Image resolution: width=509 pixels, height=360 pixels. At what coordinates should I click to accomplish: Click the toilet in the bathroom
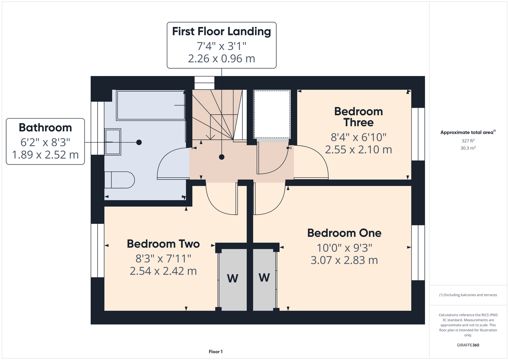[120, 180]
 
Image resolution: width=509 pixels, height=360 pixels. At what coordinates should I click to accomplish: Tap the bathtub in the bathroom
[151, 105]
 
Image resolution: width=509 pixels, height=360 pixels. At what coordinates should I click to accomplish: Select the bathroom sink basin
[112, 142]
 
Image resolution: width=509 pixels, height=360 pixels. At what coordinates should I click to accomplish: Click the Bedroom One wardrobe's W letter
[264, 278]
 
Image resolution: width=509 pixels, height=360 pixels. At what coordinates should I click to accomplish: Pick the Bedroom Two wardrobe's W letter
[232, 279]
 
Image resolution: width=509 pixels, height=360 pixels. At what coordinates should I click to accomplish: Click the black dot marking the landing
[222, 157]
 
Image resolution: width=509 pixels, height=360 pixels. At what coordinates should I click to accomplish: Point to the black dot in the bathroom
[139, 143]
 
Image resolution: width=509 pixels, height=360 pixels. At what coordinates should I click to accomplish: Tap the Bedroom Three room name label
[358, 117]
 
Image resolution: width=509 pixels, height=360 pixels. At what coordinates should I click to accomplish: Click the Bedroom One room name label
[344, 233]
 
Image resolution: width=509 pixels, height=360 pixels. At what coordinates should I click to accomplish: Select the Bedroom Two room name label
[163, 244]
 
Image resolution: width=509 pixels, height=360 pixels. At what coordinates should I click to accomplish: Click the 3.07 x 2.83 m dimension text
[344, 260]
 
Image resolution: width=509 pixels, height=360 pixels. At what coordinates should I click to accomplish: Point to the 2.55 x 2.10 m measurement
[358, 150]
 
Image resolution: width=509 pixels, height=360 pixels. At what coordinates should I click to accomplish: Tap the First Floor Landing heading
[222, 32]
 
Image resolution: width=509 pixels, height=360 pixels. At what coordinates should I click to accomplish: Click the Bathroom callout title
[45, 128]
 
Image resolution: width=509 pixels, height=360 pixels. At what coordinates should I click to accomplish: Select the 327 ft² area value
[468, 141]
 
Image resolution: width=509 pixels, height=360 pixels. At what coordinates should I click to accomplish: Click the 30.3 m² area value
[468, 148]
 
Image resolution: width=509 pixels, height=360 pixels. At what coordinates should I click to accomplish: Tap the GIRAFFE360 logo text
[468, 345]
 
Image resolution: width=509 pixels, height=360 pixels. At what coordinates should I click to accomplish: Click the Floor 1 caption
[216, 352]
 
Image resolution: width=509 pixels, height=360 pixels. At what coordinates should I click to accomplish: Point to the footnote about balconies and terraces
[468, 295]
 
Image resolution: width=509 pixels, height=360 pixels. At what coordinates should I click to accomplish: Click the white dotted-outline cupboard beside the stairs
[272, 114]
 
